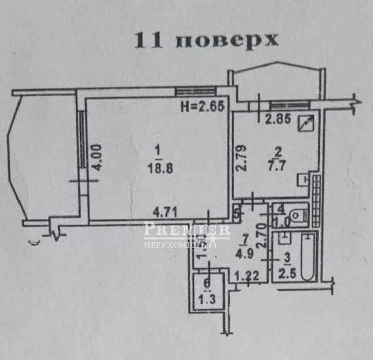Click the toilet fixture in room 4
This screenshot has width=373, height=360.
click(296, 216)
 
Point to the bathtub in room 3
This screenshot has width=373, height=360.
click(308, 257)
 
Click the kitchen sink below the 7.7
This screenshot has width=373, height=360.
click(305, 180)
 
